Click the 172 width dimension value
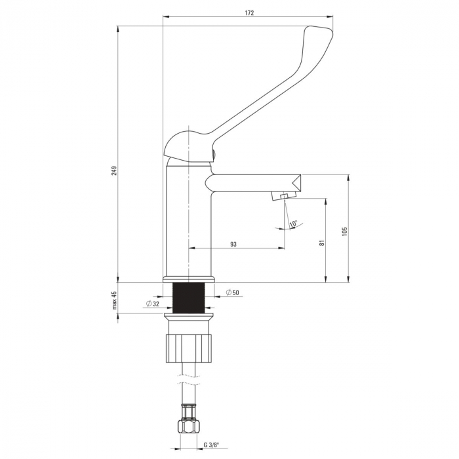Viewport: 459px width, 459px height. [249, 13]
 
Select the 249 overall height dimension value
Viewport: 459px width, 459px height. [114, 170]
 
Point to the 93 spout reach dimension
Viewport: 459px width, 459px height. [233, 244]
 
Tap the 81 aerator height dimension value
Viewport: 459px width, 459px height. [322, 243]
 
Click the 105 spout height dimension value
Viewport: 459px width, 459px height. [344, 231]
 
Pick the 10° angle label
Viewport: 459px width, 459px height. [293, 224]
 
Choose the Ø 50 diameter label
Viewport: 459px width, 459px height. [233, 292]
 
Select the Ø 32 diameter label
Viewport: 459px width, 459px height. [152, 304]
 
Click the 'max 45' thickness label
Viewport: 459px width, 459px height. [114, 300]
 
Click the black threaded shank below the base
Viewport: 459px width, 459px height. [189, 298]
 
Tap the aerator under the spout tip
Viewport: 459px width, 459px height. [284, 195]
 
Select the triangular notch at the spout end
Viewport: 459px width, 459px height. [296, 182]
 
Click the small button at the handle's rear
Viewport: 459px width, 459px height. [213, 153]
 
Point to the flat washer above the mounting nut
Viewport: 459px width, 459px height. [189, 316]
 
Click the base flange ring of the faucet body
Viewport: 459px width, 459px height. [189, 279]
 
